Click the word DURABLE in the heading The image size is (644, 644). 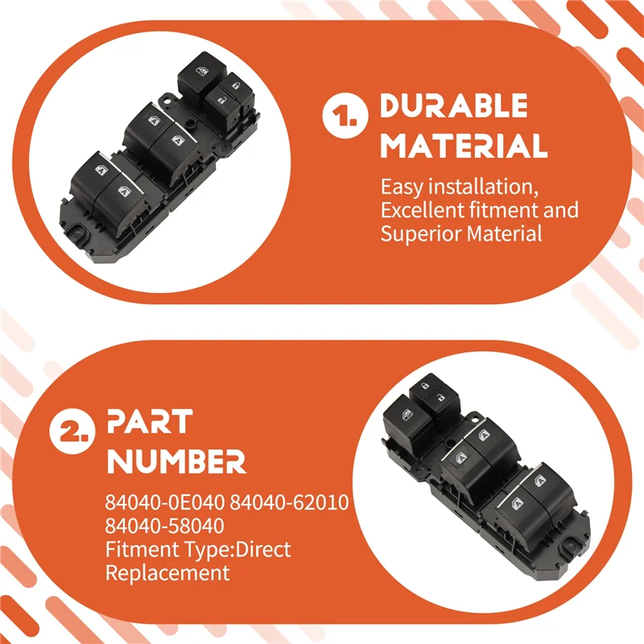coord(453,105)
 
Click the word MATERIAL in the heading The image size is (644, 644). coord(464,146)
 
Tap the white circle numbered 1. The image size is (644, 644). coord(345,116)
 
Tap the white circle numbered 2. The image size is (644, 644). coord(72,431)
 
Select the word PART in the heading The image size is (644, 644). coord(150,421)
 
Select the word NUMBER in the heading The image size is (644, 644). coord(176,461)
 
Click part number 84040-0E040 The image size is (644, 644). coord(165,502)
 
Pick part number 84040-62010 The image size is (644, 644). coord(289,502)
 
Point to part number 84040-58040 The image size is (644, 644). coord(165,526)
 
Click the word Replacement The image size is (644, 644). coord(167,573)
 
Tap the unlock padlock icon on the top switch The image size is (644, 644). coord(221,100)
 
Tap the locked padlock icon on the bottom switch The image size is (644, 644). coord(425,386)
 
